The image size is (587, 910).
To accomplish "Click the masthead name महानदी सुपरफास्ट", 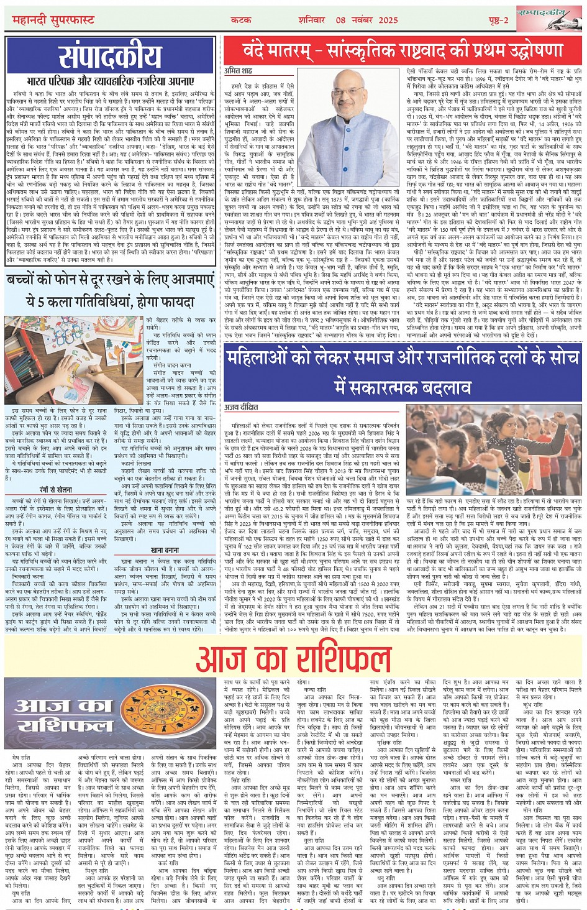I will click(53, 20).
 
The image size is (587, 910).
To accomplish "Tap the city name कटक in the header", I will click(242, 20).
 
